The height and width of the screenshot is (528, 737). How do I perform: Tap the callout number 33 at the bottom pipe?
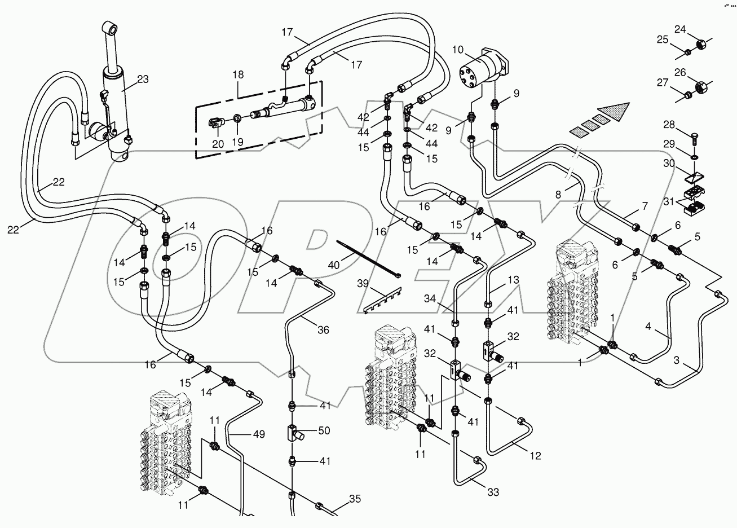(493, 492)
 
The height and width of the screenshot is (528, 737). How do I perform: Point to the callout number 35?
(354, 499)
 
